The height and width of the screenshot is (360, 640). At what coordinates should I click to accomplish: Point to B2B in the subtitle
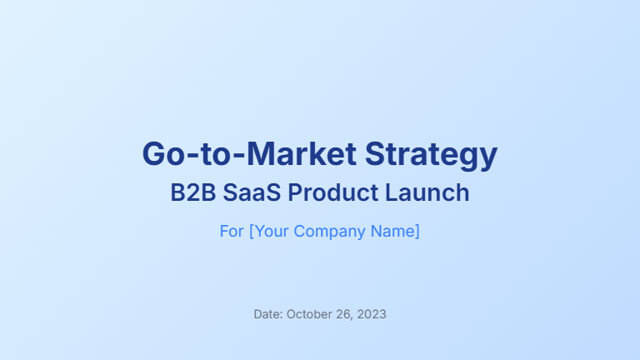188,193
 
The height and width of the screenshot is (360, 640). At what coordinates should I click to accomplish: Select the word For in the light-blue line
232,231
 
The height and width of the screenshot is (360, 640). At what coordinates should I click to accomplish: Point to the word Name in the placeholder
392,231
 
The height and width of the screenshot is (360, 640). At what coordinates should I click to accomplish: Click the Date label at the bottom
267,315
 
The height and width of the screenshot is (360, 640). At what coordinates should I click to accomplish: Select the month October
309,315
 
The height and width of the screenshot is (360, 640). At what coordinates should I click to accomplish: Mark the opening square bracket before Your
251,232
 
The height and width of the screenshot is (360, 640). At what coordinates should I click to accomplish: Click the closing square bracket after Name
417,232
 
